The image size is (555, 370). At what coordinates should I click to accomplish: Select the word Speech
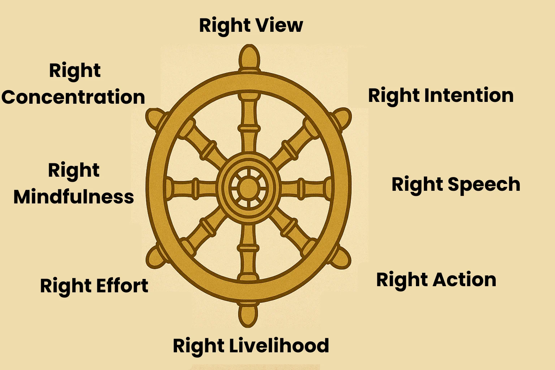coord(484,185)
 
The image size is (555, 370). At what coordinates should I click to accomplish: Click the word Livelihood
coord(279,345)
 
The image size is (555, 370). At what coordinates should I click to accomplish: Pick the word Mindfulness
coord(74,197)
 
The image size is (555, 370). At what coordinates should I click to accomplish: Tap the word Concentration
coord(73,97)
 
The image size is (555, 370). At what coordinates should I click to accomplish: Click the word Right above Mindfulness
coord(74,171)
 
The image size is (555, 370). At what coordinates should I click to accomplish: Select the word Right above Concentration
coord(75,71)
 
